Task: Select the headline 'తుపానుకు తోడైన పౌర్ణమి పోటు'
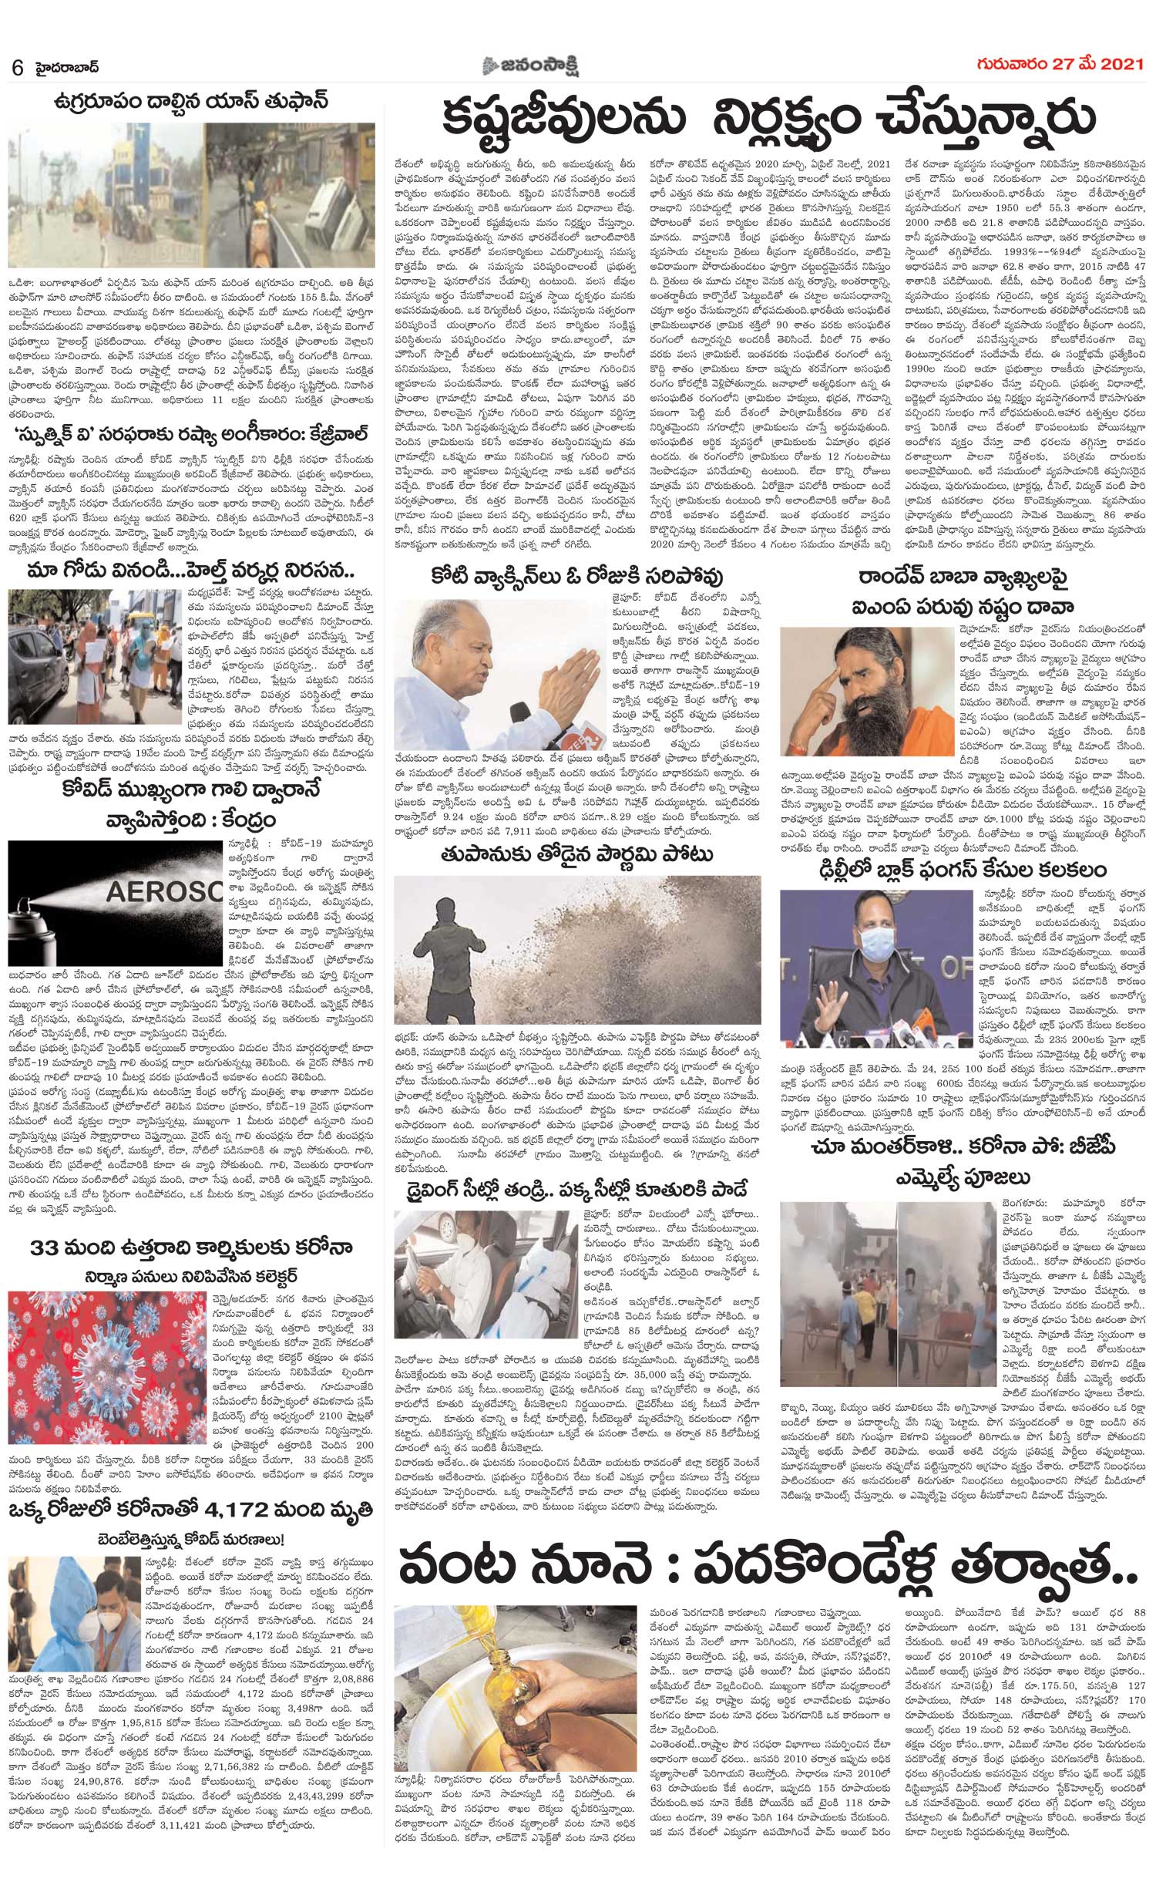click(576, 854)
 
